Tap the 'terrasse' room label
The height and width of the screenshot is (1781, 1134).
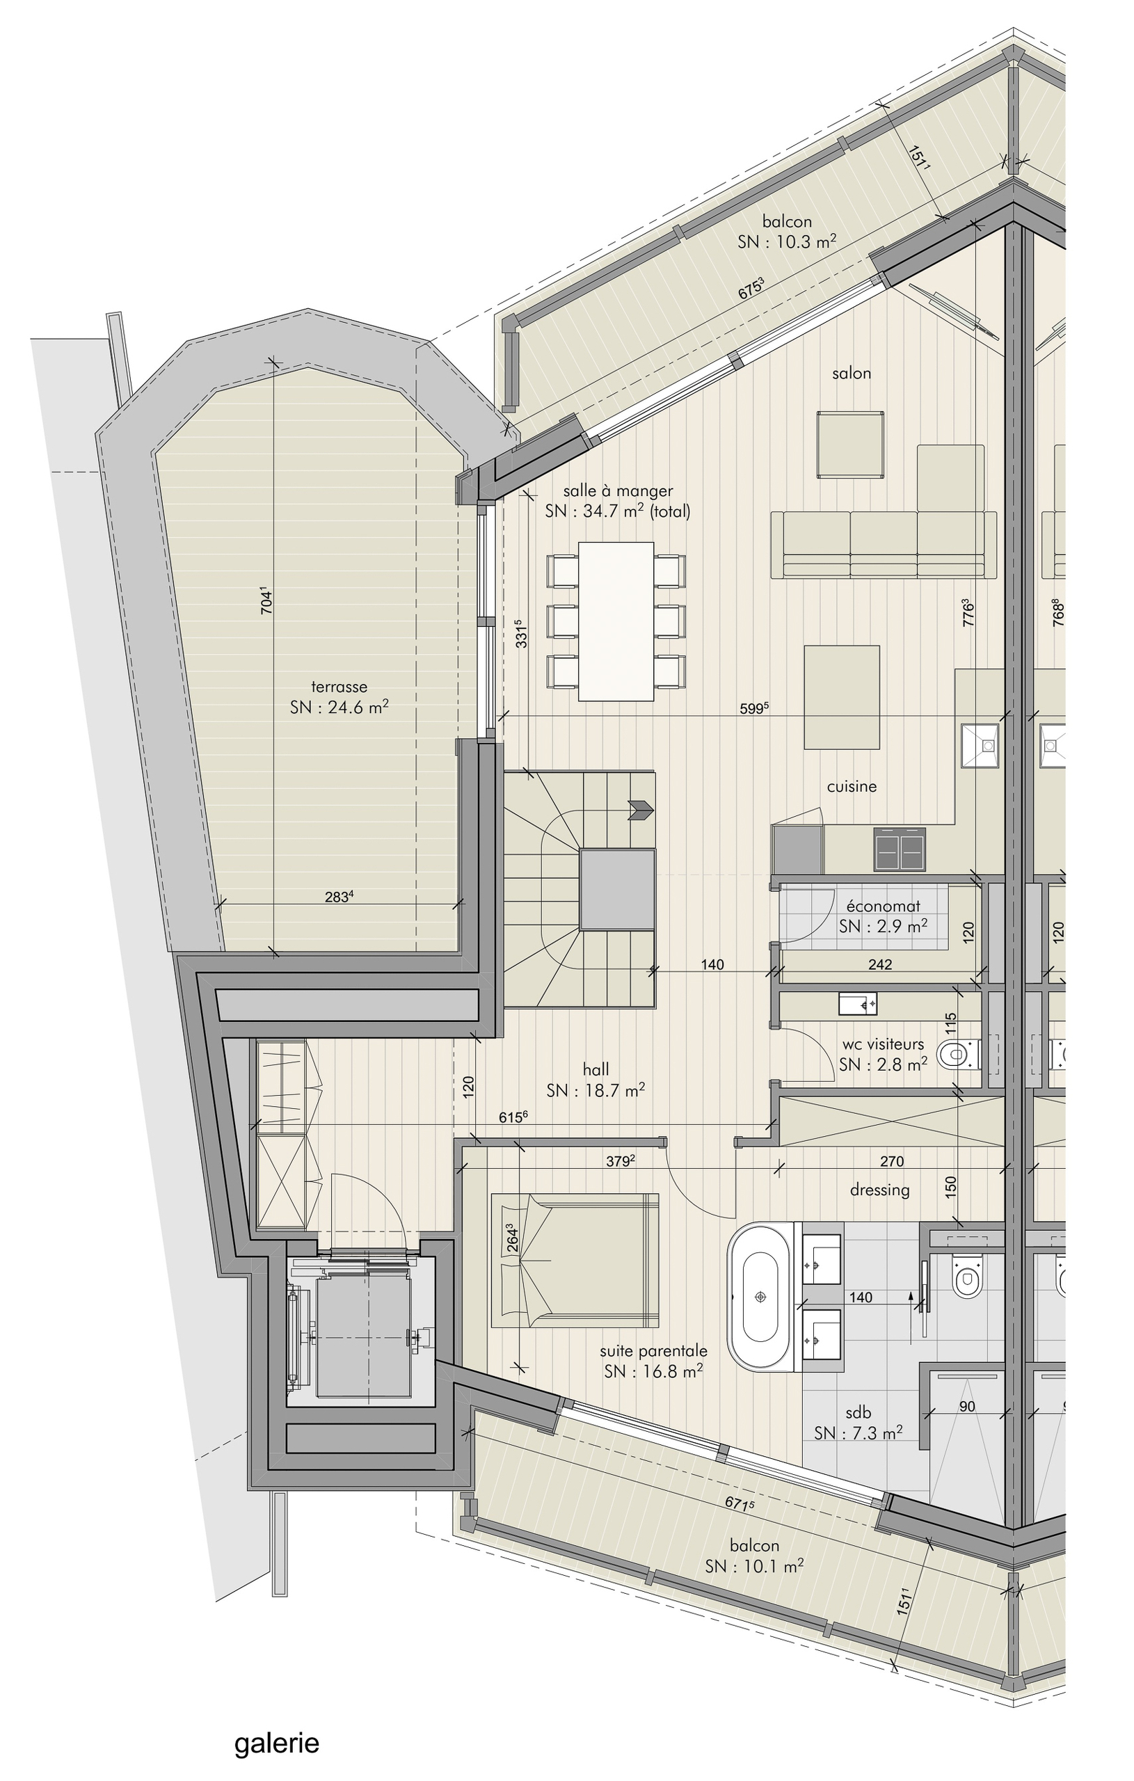[x=339, y=687]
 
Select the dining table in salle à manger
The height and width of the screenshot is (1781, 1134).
[x=616, y=621]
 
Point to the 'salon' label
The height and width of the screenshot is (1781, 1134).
[x=852, y=374]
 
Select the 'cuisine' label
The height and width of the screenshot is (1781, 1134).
[x=852, y=786]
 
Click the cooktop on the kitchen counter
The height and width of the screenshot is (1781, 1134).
[x=900, y=849]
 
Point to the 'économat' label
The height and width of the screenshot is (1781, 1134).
[x=884, y=906]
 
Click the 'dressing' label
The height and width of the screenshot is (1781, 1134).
[x=879, y=1190]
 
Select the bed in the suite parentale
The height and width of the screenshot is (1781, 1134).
[x=575, y=1261]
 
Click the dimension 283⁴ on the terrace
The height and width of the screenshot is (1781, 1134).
[x=339, y=897]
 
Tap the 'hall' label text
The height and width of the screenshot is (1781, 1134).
[x=596, y=1069]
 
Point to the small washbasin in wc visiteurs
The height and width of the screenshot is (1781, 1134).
[x=858, y=1004]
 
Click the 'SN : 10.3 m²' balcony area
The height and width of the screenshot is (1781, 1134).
[x=787, y=241]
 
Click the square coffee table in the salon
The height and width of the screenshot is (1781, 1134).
[x=851, y=445]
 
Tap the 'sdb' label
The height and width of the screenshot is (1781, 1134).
[x=858, y=1413]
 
